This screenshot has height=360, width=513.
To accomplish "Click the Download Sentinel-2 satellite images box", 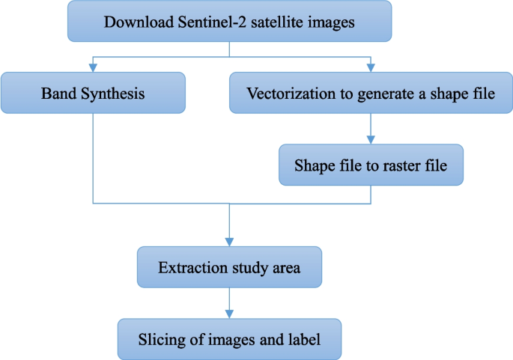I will click(x=229, y=21).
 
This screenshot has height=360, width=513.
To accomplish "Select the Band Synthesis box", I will click(x=92, y=93).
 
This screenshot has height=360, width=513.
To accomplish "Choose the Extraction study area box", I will click(x=229, y=267).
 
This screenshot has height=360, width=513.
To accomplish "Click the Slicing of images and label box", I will click(x=229, y=338).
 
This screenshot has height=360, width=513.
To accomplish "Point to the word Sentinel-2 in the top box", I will click(x=211, y=21).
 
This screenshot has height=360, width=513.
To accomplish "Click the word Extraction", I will click(x=188, y=267).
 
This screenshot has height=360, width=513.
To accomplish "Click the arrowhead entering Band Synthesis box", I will click(x=92, y=67).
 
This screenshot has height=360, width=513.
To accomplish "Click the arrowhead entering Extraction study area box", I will click(x=229, y=242).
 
